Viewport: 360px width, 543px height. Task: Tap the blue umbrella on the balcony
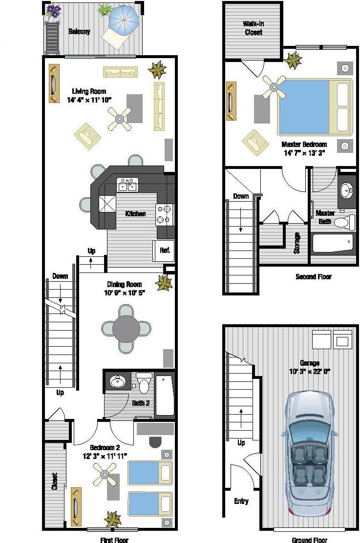(124, 20)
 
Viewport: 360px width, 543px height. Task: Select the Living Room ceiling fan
(120, 119)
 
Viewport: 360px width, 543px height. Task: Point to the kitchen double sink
(127, 185)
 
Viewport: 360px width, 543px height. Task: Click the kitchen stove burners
(165, 214)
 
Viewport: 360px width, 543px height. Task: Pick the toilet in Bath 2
(144, 383)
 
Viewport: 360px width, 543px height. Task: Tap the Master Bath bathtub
(333, 243)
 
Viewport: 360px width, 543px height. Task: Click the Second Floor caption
(313, 277)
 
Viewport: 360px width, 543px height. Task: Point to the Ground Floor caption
(309, 540)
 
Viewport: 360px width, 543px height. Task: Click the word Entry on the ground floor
(241, 501)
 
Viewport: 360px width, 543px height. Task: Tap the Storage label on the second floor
(296, 243)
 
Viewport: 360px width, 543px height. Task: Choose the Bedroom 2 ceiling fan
(105, 474)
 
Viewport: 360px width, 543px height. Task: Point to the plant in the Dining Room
(164, 283)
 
